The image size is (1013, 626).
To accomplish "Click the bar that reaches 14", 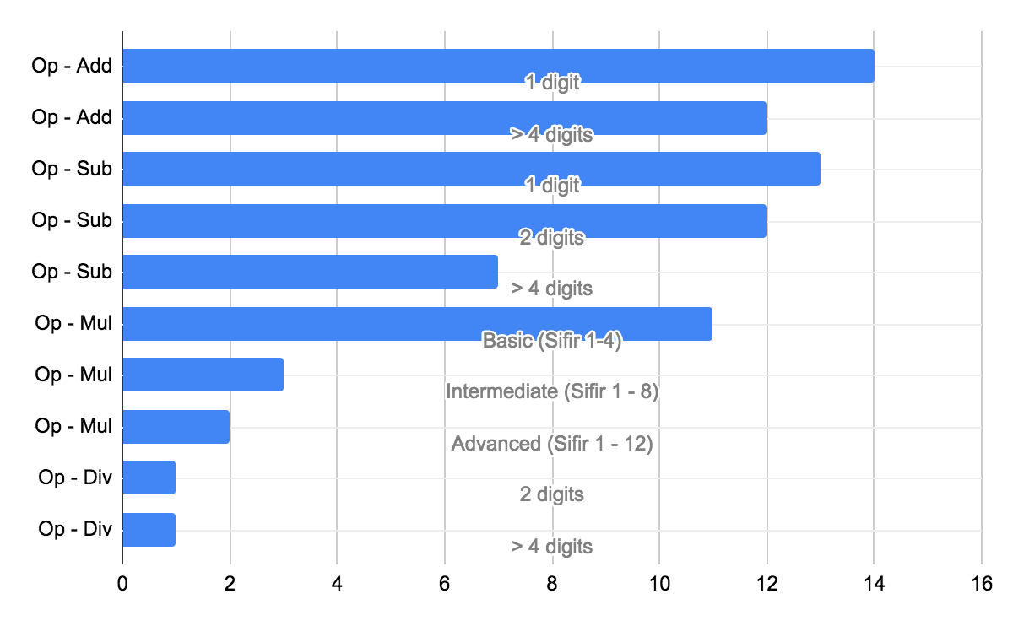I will [x=498, y=66].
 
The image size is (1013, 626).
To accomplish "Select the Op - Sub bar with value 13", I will [x=471, y=169].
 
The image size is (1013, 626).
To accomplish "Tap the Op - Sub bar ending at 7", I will [x=310, y=272].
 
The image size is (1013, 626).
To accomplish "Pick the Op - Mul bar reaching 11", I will [x=417, y=324].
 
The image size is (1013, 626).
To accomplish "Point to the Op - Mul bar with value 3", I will [x=203, y=375].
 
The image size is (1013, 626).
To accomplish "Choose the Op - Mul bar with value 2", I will [x=176, y=426].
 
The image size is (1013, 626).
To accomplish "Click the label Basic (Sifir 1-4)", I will [x=552, y=341].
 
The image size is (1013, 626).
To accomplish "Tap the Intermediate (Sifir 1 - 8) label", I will [x=552, y=391].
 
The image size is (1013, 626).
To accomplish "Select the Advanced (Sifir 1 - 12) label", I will [x=552, y=444].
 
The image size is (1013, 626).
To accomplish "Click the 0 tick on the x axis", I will [x=122, y=583].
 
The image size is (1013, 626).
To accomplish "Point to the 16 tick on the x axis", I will [x=981, y=583].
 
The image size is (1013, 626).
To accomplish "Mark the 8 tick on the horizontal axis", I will [x=552, y=583].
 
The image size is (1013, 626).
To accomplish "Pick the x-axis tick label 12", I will [x=767, y=583].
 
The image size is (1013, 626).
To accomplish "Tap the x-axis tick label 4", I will [x=337, y=583].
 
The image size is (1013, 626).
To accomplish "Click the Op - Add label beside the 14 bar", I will [x=72, y=66].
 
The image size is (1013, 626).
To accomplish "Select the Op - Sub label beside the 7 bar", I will [x=72, y=272].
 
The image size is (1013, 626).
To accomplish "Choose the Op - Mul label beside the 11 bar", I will [x=73, y=323].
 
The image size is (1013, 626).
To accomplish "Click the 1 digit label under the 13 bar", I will [x=552, y=186].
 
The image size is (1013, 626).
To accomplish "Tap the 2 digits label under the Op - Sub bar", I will [x=552, y=238].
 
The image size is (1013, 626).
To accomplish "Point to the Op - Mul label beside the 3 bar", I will [x=73, y=375].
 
